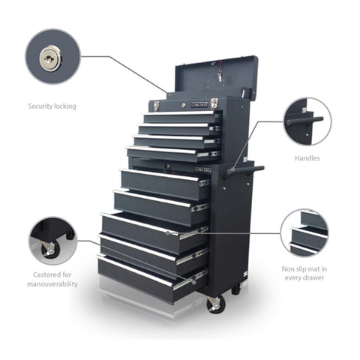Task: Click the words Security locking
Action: (52, 106)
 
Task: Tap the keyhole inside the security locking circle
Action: (50, 55)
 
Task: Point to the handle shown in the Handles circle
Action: (304, 120)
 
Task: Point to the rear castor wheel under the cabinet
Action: (235, 287)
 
